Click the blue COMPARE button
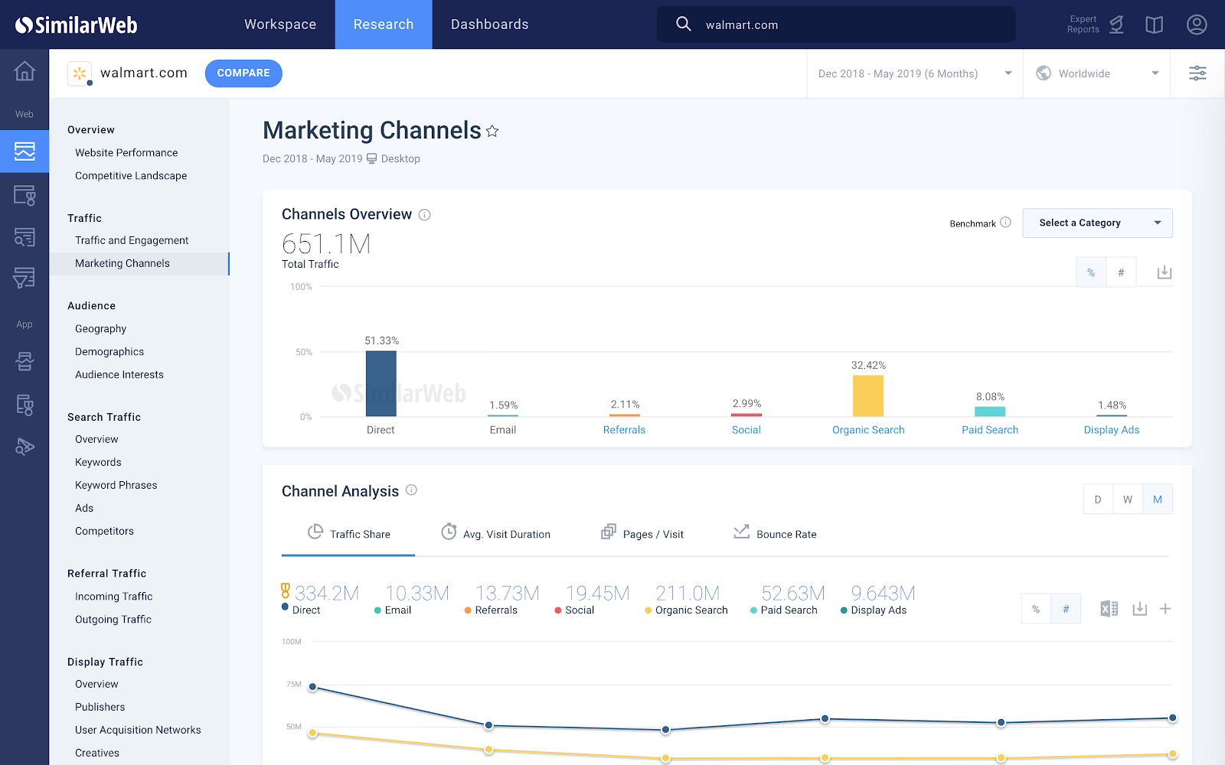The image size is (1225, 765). pos(243,73)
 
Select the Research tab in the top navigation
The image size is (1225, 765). pos(384,24)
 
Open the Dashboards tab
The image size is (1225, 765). pos(489,24)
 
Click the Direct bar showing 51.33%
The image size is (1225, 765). pos(381,383)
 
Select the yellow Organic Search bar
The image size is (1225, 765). pos(868,396)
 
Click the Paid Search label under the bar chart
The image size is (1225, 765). pos(990,430)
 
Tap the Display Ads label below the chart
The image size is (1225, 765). pos(1112,430)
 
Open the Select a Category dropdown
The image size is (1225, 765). pos(1097,223)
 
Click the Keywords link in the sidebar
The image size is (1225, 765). pos(98,462)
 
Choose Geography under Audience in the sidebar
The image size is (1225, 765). pos(100,329)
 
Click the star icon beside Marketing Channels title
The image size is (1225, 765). pos(492,132)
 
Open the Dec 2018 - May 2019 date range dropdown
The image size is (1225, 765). pos(914,73)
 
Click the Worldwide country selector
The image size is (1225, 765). pos(1096,73)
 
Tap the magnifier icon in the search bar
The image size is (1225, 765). pos(683,24)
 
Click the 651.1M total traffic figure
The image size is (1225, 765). pos(326,244)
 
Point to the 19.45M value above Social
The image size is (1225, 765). pos(597,594)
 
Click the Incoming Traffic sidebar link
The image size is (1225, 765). pos(113,597)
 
